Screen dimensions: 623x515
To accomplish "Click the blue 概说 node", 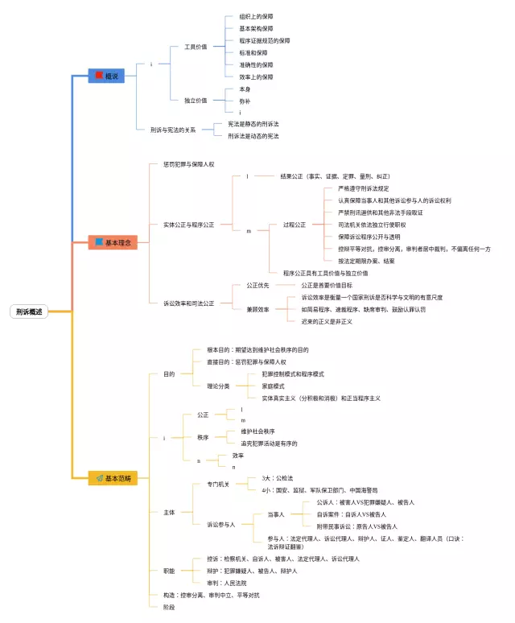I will (x=106, y=76).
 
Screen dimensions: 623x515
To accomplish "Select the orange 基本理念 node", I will (x=113, y=241).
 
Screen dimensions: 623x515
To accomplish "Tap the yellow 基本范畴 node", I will (x=113, y=478).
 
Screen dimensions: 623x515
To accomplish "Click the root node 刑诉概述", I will (x=30, y=311).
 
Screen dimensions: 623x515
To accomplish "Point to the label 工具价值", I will (x=196, y=47).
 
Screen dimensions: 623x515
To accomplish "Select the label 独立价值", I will (x=196, y=101).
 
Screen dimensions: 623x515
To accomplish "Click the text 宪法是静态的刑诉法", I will (x=253, y=124).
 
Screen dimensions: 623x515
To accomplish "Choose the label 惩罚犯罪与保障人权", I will (x=188, y=164).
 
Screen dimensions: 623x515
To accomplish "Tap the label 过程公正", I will (x=295, y=225).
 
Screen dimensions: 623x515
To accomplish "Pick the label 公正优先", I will (x=257, y=285).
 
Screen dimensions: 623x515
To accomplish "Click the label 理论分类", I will (x=218, y=386).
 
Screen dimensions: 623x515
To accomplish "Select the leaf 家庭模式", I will (x=274, y=386).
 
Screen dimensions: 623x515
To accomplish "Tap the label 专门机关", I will (x=218, y=484).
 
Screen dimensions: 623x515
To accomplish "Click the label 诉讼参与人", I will (x=221, y=524).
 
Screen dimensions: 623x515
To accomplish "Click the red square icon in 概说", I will (x=98, y=76).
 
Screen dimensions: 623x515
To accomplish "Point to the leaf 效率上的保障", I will (x=256, y=76).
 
